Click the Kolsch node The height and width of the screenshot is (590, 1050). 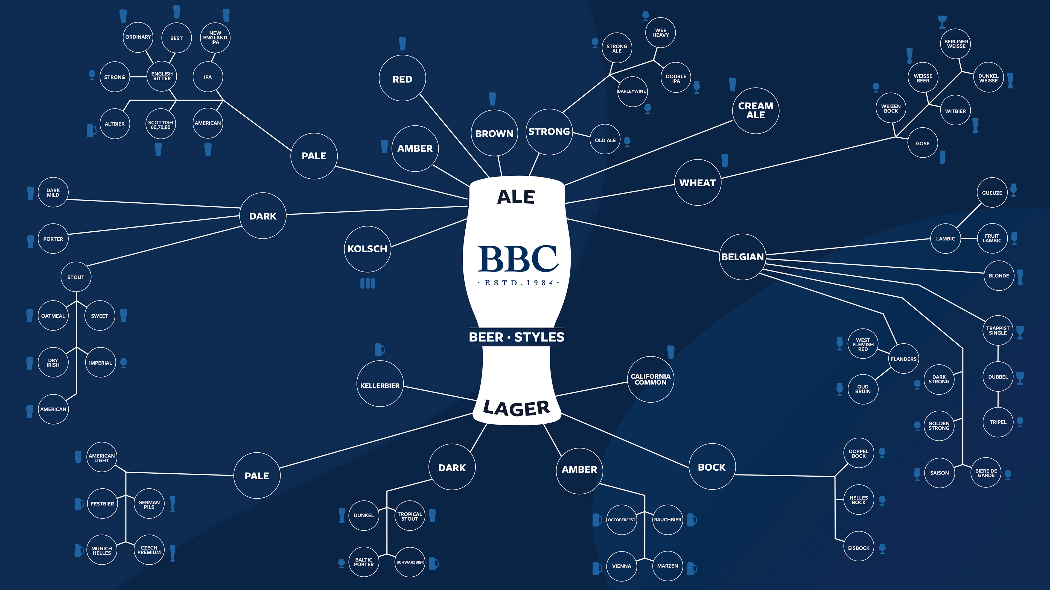(x=367, y=249)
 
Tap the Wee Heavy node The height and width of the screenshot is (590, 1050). (x=660, y=33)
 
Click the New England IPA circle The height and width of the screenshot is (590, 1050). (x=215, y=37)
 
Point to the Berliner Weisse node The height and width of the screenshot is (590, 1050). (x=956, y=44)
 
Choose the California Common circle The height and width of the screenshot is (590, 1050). (x=650, y=379)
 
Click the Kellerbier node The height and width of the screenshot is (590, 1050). (x=380, y=385)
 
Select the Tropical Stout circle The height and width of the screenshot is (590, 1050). (x=410, y=516)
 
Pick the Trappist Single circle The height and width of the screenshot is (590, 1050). (x=998, y=330)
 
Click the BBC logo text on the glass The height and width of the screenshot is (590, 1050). (x=517, y=259)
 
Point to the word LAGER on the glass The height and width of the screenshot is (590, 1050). (x=517, y=408)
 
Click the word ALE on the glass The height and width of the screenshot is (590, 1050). (x=516, y=197)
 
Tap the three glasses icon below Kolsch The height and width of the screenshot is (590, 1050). (x=367, y=284)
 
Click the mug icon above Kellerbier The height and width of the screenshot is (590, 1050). (x=380, y=350)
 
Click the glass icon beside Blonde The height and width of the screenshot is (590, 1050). (x=1020, y=277)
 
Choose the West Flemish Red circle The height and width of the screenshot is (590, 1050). (x=863, y=344)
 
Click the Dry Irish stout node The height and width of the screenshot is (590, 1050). (x=53, y=362)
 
